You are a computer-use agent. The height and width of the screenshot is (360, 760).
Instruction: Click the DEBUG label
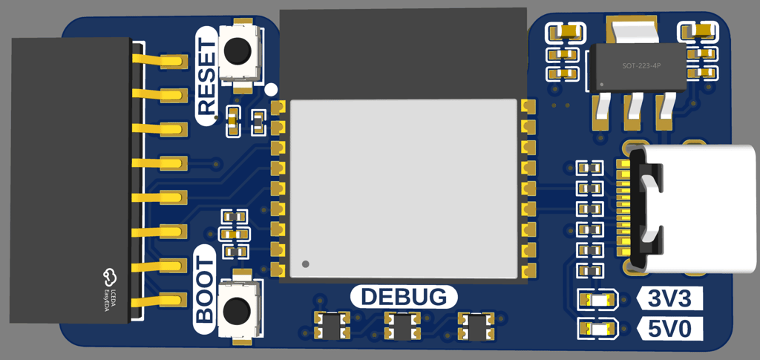403,297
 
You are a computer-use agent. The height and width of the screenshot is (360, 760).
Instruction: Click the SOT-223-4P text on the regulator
641,66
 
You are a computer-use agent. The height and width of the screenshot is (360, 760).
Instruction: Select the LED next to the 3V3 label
597,300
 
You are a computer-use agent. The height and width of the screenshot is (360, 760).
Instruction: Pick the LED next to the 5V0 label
597,328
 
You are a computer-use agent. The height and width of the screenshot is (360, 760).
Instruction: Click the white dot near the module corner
270,89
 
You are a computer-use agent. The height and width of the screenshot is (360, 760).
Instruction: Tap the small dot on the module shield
305,264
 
